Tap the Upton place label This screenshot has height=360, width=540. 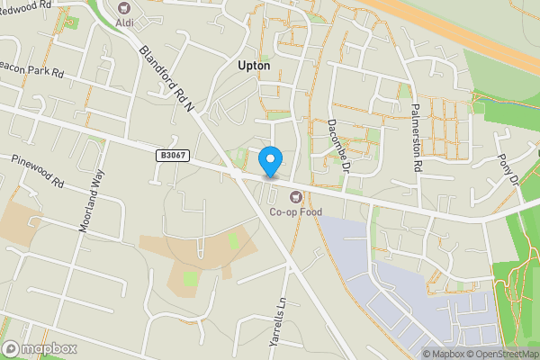254,66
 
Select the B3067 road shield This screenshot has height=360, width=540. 173,156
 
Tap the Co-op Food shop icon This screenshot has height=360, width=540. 292,196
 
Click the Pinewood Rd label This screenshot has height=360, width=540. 38,170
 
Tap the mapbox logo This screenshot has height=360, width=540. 40,348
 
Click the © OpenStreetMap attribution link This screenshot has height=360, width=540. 502,354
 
